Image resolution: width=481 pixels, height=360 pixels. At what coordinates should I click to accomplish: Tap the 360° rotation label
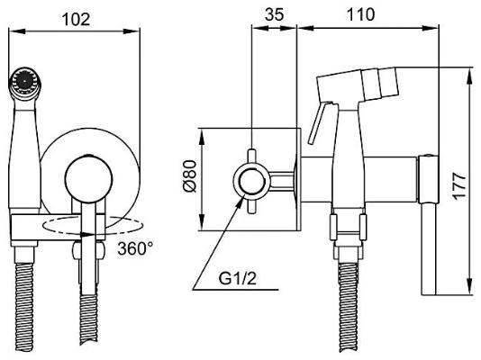(133, 247)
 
